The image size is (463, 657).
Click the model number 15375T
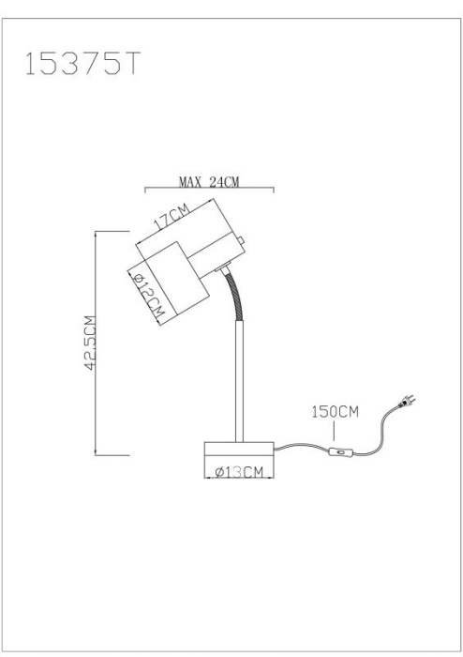(x=82, y=64)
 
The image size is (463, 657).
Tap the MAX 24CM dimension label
(x=209, y=182)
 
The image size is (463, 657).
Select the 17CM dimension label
(x=172, y=217)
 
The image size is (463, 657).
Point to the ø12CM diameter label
(x=148, y=294)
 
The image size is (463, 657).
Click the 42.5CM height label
(x=90, y=343)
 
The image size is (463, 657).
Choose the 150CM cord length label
(x=335, y=411)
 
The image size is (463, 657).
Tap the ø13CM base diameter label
(x=239, y=473)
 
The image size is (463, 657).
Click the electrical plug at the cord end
(x=407, y=403)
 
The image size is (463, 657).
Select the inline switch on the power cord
(x=341, y=451)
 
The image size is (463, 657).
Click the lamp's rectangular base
(x=239, y=451)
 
